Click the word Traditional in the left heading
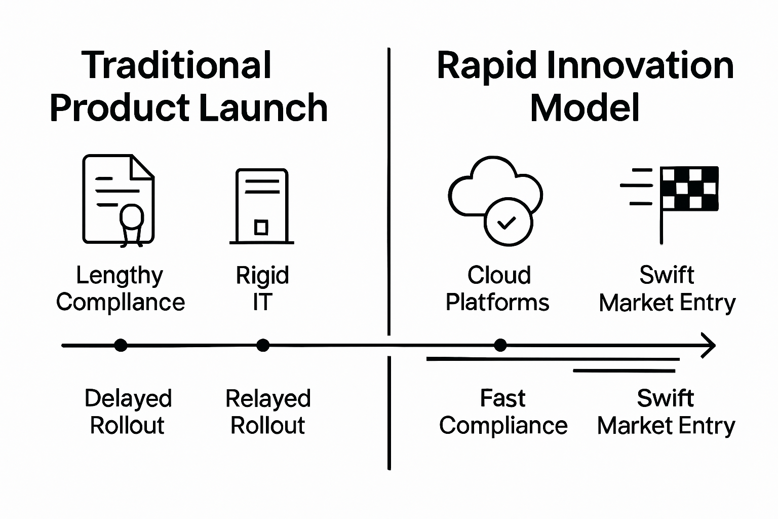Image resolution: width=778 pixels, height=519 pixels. point(177,65)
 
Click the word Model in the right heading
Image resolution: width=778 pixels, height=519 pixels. point(585,108)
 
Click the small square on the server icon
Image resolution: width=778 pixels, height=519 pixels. point(261,227)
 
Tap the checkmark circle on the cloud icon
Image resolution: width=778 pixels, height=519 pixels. point(508,222)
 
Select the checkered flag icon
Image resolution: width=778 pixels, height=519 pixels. point(689,189)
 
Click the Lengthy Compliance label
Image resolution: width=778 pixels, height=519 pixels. point(120,289)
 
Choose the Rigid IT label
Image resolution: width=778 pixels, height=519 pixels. point(262,289)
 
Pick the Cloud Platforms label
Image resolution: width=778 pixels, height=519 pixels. point(498,289)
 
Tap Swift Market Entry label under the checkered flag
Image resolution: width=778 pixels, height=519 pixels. point(667,289)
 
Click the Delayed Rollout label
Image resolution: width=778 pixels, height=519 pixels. point(128,412)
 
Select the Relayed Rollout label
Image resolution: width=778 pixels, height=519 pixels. point(268,412)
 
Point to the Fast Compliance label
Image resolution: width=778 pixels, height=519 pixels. point(503,412)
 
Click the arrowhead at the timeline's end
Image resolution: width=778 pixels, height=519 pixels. point(710,346)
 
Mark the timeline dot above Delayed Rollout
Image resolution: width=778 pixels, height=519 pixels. point(121,346)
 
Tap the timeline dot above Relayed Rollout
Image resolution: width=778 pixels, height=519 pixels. point(262,346)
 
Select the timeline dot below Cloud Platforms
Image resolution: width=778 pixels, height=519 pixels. point(500,346)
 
